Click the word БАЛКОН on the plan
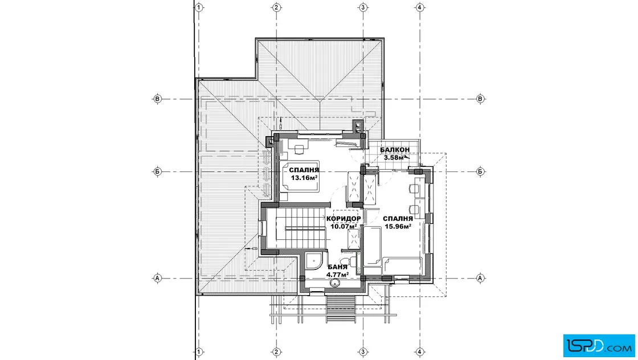pyautogui.click(x=395, y=150)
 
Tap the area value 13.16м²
pyautogui.click(x=304, y=178)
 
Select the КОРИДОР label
pyautogui.click(x=343, y=219)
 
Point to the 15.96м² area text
pyautogui.click(x=398, y=227)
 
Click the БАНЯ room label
pyautogui.click(x=338, y=267)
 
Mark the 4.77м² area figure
pyautogui.click(x=338, y=275)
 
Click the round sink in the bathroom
pyautogui.click(x=336, y=283)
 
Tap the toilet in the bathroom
pyautogui.click(x=346, y=260)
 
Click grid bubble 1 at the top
pyautogui.click(x=199, y=7)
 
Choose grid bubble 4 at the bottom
pyautogui.click(x=420, y=352)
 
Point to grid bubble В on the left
pyautogui.click(x=157, y=99)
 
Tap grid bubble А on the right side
pyautogui.click(x=480, y=278)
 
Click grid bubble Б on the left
pyautogui.click(x=157, y=171)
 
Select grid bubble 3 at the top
pyautogui.click(x=363, y=7)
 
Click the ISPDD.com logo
pyautogui.click(x=599, y=346)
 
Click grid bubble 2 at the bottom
pyautogui.click(x=276, y=352)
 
